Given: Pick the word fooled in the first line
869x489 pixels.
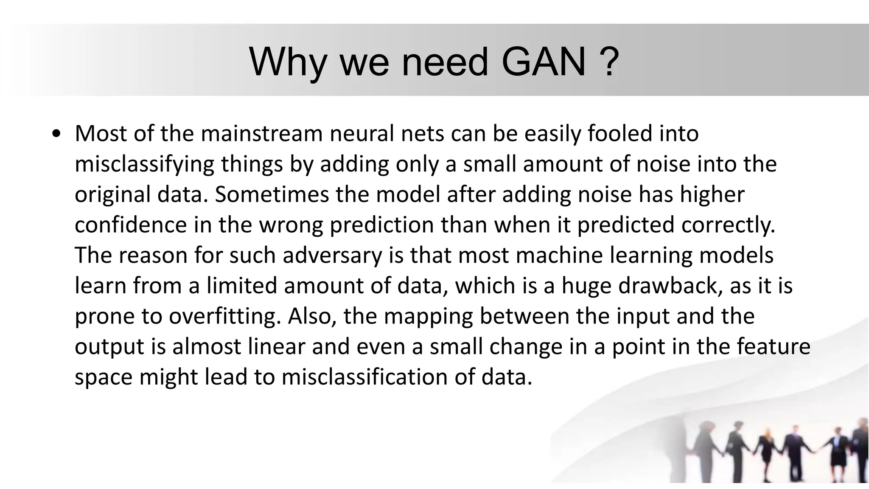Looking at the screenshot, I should (x=618, y=134).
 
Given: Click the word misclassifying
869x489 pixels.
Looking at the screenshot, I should (x=144, y=165).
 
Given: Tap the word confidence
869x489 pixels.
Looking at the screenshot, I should (x=131, y=225).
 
